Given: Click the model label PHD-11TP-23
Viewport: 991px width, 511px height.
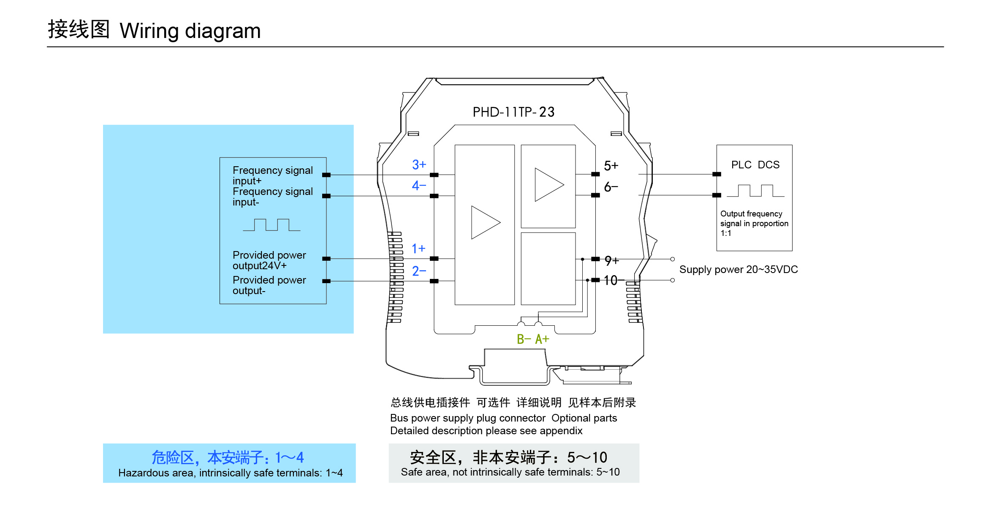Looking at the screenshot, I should (513, 112).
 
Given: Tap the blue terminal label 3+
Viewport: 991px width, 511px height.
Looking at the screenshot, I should (419, 165).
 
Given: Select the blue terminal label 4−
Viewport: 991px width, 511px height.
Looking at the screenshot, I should (419, 186).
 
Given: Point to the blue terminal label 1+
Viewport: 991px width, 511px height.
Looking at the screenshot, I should (418, 249).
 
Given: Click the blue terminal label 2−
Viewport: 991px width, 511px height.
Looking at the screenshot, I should (419, 271).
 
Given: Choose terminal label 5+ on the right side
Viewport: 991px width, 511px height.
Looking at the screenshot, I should (611, 165).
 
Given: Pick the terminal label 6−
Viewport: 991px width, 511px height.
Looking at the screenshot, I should (611, 187).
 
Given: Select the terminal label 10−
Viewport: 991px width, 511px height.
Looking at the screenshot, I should (614, 280).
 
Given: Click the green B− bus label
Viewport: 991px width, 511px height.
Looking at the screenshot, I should (524, 339).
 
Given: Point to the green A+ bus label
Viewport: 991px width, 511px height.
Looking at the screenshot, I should (542, 339).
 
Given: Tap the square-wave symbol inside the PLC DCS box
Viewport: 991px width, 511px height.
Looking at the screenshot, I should (755, 191).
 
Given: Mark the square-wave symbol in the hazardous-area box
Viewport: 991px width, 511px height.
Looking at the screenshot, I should (272, 225).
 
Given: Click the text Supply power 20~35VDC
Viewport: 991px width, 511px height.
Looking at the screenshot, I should (738, 270).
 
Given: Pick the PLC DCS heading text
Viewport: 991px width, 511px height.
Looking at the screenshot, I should (755, 165).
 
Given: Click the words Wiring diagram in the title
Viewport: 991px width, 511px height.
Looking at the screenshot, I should (190, 31).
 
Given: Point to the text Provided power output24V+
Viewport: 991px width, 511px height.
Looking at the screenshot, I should (269, 260).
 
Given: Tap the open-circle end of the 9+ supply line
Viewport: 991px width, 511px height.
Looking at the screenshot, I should (673, 259).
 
